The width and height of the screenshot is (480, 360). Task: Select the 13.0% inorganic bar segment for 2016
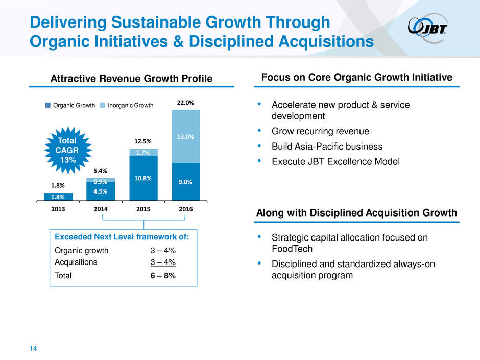coord(186,136)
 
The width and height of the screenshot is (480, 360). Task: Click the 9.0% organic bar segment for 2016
coord(186,181)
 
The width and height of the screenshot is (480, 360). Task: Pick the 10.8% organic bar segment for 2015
coord(143,178)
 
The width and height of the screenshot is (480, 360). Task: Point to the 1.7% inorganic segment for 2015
coord(143,152)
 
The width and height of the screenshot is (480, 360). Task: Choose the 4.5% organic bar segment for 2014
coord(101,191)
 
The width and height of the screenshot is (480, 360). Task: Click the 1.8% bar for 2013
coord(58,196)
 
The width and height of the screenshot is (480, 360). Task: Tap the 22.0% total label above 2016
coord(186,103)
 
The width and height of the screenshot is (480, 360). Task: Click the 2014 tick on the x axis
coord(101,209)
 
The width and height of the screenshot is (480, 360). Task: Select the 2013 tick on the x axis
coord(58,209)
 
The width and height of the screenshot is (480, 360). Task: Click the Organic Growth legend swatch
coord(47,106)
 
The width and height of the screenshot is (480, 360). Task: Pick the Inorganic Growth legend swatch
coord(102,106)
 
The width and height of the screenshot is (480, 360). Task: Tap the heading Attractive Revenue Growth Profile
coord(128,79)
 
